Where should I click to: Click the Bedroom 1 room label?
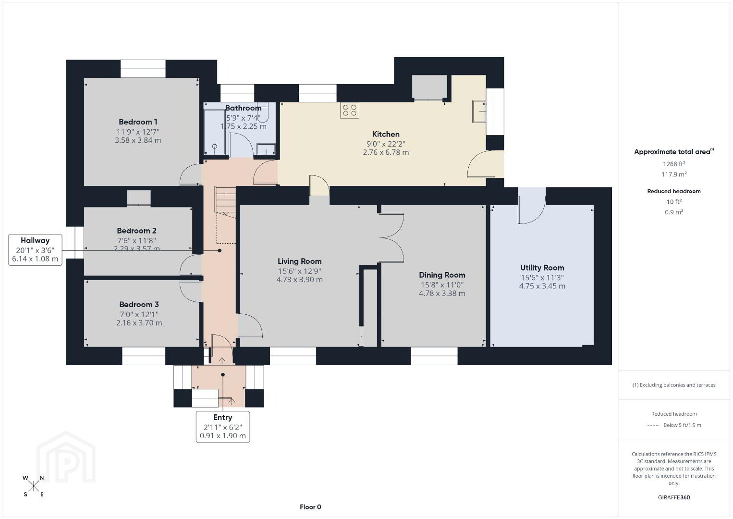tap(138, 122)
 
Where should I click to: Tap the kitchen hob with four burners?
tap(350, 110)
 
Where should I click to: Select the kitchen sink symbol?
tap(479, 111)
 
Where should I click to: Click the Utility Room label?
tap(542, 268)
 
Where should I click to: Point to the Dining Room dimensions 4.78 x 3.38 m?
tap(442, 293)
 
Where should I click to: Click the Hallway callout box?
tap(35, 249)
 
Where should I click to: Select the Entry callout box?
tap(222, 427)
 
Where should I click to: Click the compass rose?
tap(33, 486)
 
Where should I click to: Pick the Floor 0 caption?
tap(310, 507)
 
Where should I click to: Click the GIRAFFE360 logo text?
tap(674, 497)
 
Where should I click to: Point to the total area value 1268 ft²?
tap(674, 164)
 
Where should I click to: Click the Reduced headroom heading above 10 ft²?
tap(674, 191)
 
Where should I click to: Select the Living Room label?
tap(299, 261)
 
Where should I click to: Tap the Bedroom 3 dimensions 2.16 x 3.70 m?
tap(139, 322)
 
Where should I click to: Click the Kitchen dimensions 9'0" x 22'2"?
tap(386, 144)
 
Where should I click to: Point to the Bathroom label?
tap(243, 108)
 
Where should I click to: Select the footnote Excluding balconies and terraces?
tap(674, 385)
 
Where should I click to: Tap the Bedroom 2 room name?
tap(136, 231)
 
